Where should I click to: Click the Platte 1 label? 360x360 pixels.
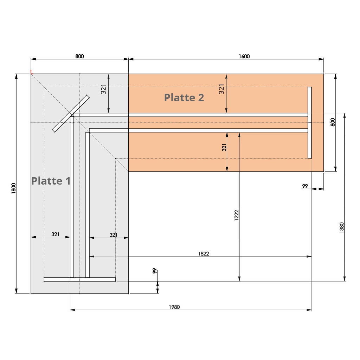(x=51, y=181)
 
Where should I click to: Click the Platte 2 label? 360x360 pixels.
(x=184, y=97)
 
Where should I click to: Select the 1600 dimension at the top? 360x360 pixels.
(x=244, y=56)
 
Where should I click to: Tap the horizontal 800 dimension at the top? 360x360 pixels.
(x=80, y=56)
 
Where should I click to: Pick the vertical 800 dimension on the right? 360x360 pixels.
(x=333, y=122)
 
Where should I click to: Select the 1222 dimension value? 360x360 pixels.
(x=237, y=215)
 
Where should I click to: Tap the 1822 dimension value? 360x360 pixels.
(x=204, y=253)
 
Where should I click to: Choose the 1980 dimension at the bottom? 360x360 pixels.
(x=174, y=307)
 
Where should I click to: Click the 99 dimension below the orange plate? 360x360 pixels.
(x=305, y=186)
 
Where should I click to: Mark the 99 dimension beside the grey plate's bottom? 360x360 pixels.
(x=154, y=271)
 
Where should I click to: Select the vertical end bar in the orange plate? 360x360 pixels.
(x=310, y=123)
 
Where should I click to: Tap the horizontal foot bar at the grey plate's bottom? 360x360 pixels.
(x=79, y=279)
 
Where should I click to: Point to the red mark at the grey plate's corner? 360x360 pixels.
(x=31, y=72)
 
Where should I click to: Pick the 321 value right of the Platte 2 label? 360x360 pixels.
(x=221, y=89)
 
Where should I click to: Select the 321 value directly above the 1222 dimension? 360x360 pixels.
(x=224, y=147)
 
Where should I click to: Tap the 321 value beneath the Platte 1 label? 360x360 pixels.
(x=55, y=234)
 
